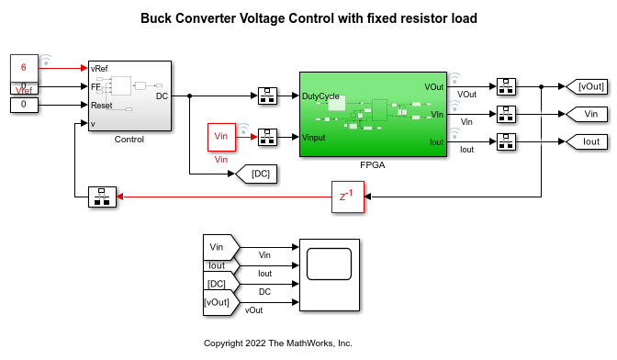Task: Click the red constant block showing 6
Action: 24,68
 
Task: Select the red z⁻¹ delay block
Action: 348,197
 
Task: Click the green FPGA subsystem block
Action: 373,114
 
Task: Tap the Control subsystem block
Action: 129,96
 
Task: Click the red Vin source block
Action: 221,137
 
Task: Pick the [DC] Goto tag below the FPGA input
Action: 256,174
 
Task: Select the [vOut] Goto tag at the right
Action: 587,86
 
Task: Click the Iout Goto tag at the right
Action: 587,141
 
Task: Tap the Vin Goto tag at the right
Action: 587,114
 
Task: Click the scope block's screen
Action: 329,264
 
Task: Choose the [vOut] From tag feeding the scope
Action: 221,302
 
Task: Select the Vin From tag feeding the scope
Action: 221,247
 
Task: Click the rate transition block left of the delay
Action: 102,197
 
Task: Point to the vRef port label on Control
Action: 99,69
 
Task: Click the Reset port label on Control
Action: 102,106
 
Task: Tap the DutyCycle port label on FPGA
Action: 320,96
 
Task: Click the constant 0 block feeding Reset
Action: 24,105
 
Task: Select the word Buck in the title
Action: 156,18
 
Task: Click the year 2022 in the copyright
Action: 255,343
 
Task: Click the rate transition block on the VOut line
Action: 506,86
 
